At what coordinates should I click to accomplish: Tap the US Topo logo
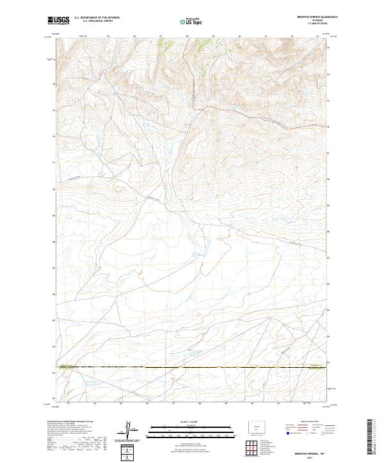(x=191, y=21)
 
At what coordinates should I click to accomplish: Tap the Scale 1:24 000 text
(x=191, y=422)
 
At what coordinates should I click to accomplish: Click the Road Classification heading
(x=307, y=422)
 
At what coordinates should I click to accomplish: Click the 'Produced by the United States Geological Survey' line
(x=70, y=422)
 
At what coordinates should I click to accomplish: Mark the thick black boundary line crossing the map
(x=192, y=368)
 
